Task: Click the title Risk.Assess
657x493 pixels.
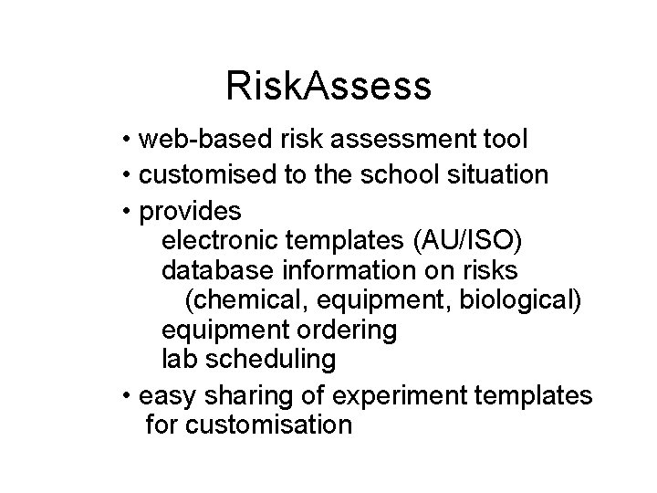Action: [x=328, y=87]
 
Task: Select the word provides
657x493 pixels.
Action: [x=190, y=212]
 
